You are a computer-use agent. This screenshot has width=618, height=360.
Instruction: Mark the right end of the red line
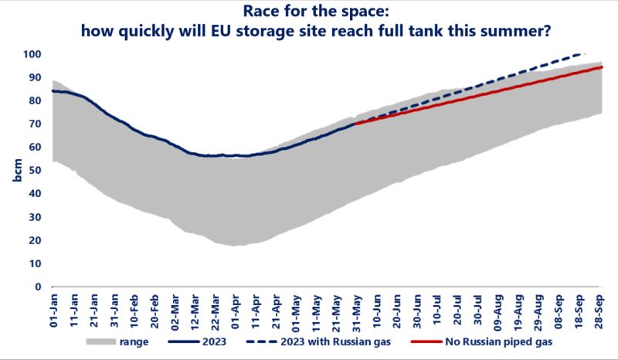click(600, 67)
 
